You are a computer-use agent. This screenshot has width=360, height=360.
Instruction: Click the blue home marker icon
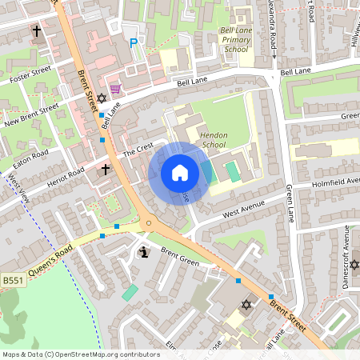[179, 173]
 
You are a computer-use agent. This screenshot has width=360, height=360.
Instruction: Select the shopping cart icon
[115, 88]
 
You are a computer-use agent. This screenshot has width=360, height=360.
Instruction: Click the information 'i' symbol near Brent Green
[143, 252]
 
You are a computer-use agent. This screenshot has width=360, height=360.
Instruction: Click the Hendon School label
[214, 141]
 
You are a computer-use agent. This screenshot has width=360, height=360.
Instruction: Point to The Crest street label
[137, 151]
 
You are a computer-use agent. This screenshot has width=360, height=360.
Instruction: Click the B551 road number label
[12, 280]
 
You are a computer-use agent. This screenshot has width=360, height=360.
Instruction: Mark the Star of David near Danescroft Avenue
[354, 265]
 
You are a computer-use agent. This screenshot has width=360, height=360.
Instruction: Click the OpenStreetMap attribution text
[81, 354]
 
